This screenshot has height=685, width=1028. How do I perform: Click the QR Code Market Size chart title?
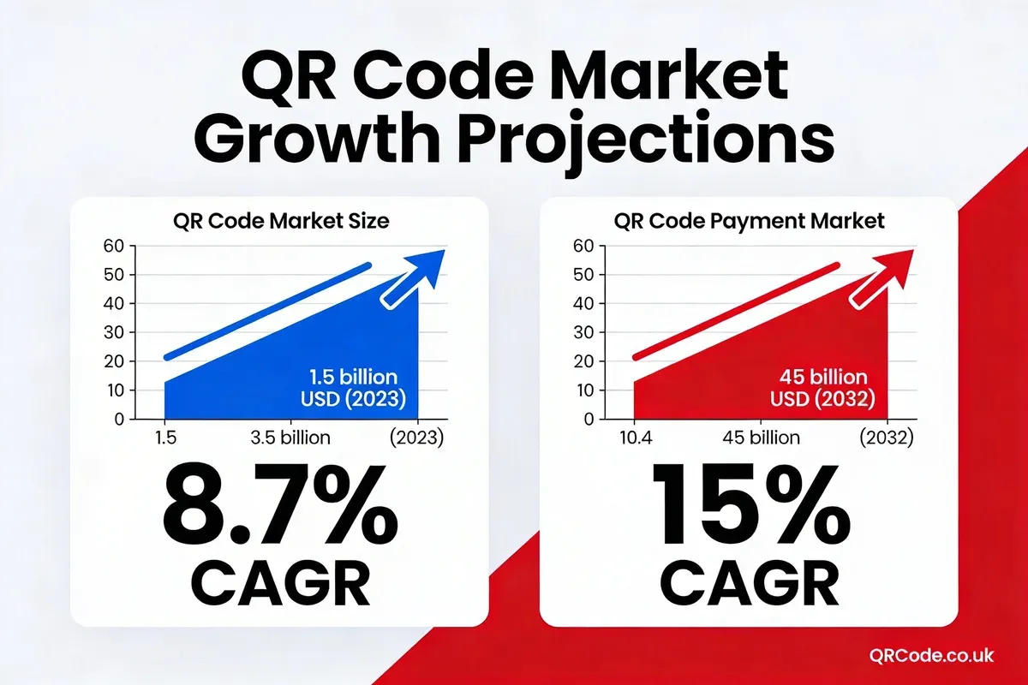coord(281,221)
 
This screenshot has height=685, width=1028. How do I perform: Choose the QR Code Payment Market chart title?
coord(749,221)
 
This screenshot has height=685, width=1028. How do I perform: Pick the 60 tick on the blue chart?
coord(114,246)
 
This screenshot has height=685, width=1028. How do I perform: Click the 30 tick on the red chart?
coord(583,332)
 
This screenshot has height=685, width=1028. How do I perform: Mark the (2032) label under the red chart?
coord(885,438)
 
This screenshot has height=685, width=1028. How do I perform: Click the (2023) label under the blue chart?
coord(415,438)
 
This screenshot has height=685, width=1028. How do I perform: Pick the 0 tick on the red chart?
coord(588,419)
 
